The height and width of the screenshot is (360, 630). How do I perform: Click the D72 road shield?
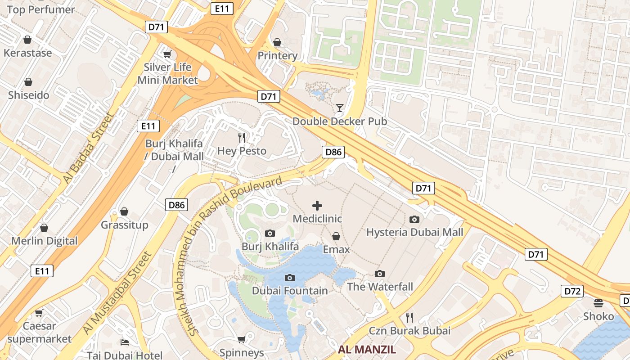pos(572,291)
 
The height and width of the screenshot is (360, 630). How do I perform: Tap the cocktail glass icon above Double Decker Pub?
pos(339,108)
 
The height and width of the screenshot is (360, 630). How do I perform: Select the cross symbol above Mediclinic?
pos(317,206)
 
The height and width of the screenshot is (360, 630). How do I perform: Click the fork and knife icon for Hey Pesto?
pos(242,138)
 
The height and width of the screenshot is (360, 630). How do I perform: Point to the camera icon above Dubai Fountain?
pos(290,278)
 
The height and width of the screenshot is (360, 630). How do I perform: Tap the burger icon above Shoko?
pos(598,303)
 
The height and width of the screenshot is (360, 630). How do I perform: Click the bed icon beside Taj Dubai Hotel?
pos(125,342)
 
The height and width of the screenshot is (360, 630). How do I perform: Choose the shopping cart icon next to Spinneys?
pos(241,339)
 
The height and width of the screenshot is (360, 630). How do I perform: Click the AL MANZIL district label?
pos(367,350)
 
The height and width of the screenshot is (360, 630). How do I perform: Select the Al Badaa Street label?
pos(88,148)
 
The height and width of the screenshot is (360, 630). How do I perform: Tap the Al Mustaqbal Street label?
pos(118,292)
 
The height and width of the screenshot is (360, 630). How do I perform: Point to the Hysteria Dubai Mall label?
pos(414,232)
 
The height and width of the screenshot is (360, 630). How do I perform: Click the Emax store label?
pos(336,249)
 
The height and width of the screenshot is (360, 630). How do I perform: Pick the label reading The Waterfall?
pos(380,287)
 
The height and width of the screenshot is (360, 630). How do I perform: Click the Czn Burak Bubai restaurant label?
pos(409,331)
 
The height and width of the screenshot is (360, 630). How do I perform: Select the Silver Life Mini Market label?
pos(167,74)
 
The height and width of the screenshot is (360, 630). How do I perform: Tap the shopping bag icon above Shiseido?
pos(28,82)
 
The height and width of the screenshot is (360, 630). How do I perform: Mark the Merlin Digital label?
pos(44,241)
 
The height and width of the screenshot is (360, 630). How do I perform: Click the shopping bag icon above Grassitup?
pos(124,211)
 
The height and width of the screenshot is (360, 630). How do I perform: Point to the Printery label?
pos(277,55)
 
